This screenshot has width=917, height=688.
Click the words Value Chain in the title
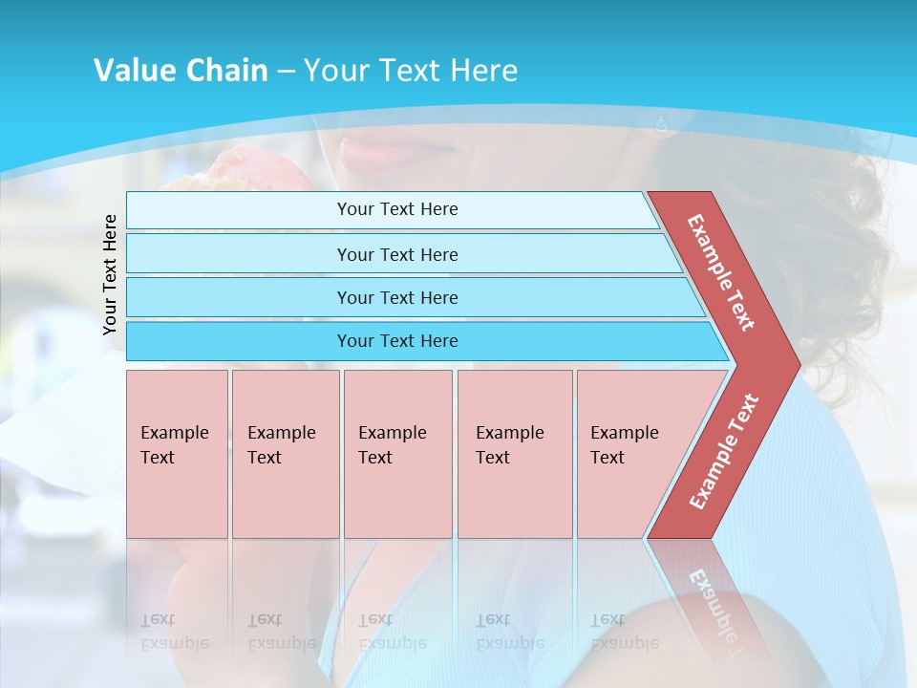click(x=181, y=71)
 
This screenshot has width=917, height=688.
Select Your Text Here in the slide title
click(x=411, y=71)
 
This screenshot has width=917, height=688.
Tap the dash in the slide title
click(x=286, y=72)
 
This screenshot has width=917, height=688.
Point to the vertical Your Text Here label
click(x=111, y=274)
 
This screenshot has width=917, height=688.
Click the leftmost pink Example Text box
click(x=177, y=454)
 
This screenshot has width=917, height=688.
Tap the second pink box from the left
click(x=286, y=454)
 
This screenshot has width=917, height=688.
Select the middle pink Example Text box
click(x=397, y=454)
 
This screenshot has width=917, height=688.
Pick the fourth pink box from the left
click(x=515, y=454)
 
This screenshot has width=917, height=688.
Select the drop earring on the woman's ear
click(x=662, y=123)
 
